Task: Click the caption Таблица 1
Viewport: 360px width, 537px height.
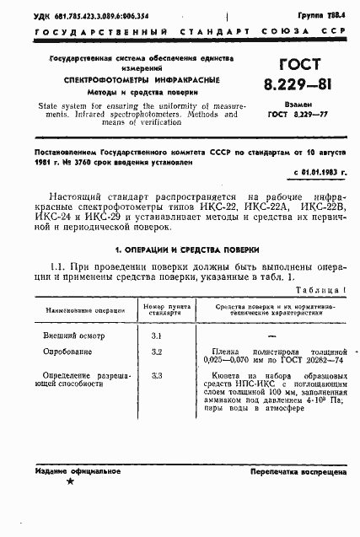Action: pyautogui.click(x=323, y=287)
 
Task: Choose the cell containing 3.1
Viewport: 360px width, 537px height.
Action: pyautogui.click(x=156, y=336)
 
